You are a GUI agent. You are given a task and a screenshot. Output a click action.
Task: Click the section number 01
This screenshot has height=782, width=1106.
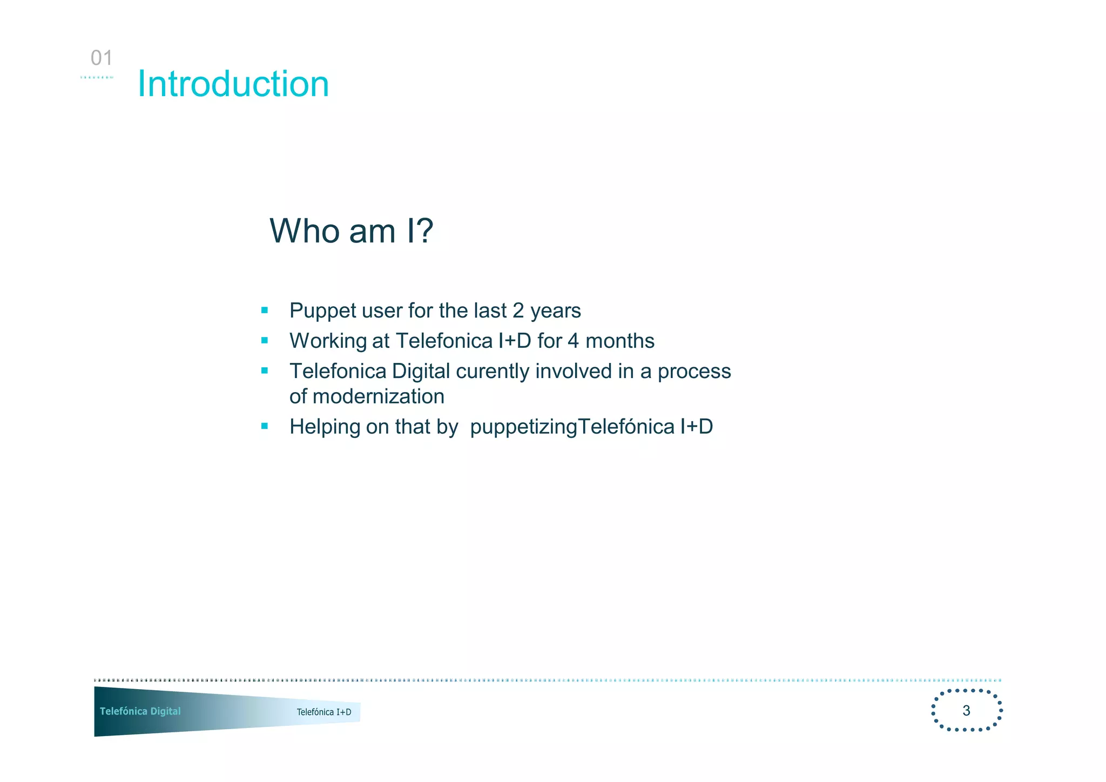tap(102, 58)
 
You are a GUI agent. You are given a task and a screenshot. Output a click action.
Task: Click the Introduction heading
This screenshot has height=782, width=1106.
tap(233, 84)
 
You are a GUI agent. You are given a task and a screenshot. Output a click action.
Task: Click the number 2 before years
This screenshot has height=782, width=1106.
tap(518, 311)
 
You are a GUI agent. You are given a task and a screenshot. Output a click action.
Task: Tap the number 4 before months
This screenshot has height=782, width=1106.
tap(573, 341)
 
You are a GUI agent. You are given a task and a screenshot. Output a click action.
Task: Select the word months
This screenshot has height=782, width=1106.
tap(619, 341)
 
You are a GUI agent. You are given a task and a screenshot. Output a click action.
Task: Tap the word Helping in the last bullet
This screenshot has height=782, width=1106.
tap(325, 427)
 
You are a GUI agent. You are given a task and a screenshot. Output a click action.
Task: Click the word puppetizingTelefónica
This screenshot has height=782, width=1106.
tap(572, 427)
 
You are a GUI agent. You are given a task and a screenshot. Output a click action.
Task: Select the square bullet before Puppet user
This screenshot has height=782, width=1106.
tap(265, 310)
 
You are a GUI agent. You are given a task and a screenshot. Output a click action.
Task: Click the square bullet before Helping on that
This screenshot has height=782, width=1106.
tap(265, 426)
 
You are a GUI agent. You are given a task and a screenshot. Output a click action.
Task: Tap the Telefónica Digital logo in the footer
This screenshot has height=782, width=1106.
tap(140, 711)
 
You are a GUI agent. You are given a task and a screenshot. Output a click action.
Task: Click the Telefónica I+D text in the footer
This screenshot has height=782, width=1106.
tap(323, 712)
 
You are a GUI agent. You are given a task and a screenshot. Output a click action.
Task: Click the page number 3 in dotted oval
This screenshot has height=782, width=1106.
tap(966, 711)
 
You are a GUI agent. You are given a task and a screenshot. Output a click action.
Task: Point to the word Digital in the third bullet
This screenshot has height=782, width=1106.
tap(421, 372)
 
